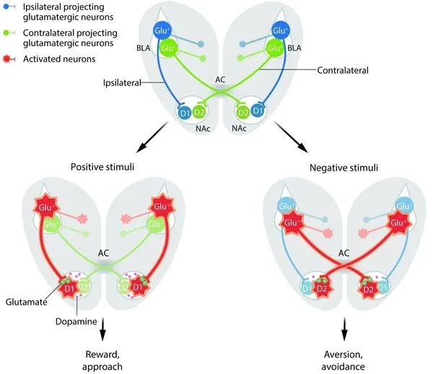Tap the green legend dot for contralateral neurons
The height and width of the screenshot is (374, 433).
[x=6, y=33]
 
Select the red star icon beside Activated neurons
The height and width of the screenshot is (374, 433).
[x=7, y=59]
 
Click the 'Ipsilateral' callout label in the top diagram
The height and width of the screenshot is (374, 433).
[x=122, y=82]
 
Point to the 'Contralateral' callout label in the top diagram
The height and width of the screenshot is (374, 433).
[x=342, y=70]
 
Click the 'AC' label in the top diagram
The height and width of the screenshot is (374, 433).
[x=220, y=80]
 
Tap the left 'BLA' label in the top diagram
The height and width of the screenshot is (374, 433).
[x=144, y=48]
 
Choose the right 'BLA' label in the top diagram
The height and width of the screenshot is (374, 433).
[x=294, y=48]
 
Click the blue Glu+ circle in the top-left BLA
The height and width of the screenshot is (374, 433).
[x=162, y=30]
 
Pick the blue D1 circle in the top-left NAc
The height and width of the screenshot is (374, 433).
[x=185, y=113]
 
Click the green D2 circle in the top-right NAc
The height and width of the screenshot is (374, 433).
[x=243, y=112]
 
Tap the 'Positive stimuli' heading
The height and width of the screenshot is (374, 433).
[x=102, y=167]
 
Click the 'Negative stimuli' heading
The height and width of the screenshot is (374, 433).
[x=344, y=168]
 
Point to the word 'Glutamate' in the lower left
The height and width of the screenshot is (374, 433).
[x=26, y=302]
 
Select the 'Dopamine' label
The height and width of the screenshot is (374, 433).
[x=76, y=321]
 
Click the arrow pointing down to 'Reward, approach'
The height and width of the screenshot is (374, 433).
[x=102, y=329]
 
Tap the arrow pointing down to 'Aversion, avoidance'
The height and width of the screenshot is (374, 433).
[x=344, y=329]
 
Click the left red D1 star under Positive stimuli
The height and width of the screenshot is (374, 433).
[x=69, y=289]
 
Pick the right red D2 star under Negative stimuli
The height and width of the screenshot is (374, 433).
[x=368, y=289]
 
